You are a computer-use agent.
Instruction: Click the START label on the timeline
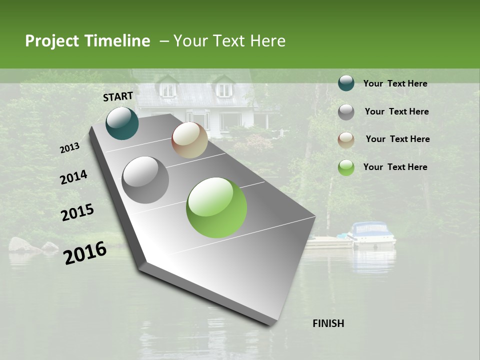coord(118,96)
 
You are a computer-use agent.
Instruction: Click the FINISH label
coord(328,323)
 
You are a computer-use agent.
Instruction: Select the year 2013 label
coord(70,148)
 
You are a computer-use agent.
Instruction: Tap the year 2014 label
coord(73,177)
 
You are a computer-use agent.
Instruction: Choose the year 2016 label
coord(85,252)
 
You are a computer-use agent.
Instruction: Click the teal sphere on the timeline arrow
coord(122,123)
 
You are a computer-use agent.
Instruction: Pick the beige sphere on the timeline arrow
coord(189,140)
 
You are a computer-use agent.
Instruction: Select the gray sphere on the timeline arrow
coord(145,179)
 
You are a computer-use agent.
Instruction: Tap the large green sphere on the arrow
coord(216,207)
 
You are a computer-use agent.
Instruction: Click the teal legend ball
coord(346,83)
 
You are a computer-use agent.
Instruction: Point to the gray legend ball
coord(346,111)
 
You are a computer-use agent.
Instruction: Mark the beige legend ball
coord(346,139)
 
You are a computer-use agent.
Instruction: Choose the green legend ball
coord(346,167)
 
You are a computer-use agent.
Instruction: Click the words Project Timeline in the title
coord(87,41)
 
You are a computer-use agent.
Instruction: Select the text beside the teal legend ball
coord(395,83)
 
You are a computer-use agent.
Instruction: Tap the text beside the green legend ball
coord(395,167)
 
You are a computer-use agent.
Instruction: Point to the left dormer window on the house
coord(168,89)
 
